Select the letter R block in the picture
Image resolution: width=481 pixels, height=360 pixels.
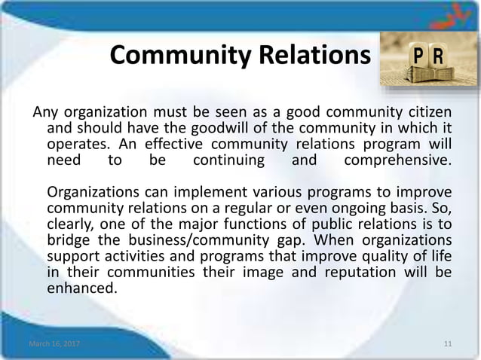click(x=437, y=58)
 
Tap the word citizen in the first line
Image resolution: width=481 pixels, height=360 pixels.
click(x=428, y=113)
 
